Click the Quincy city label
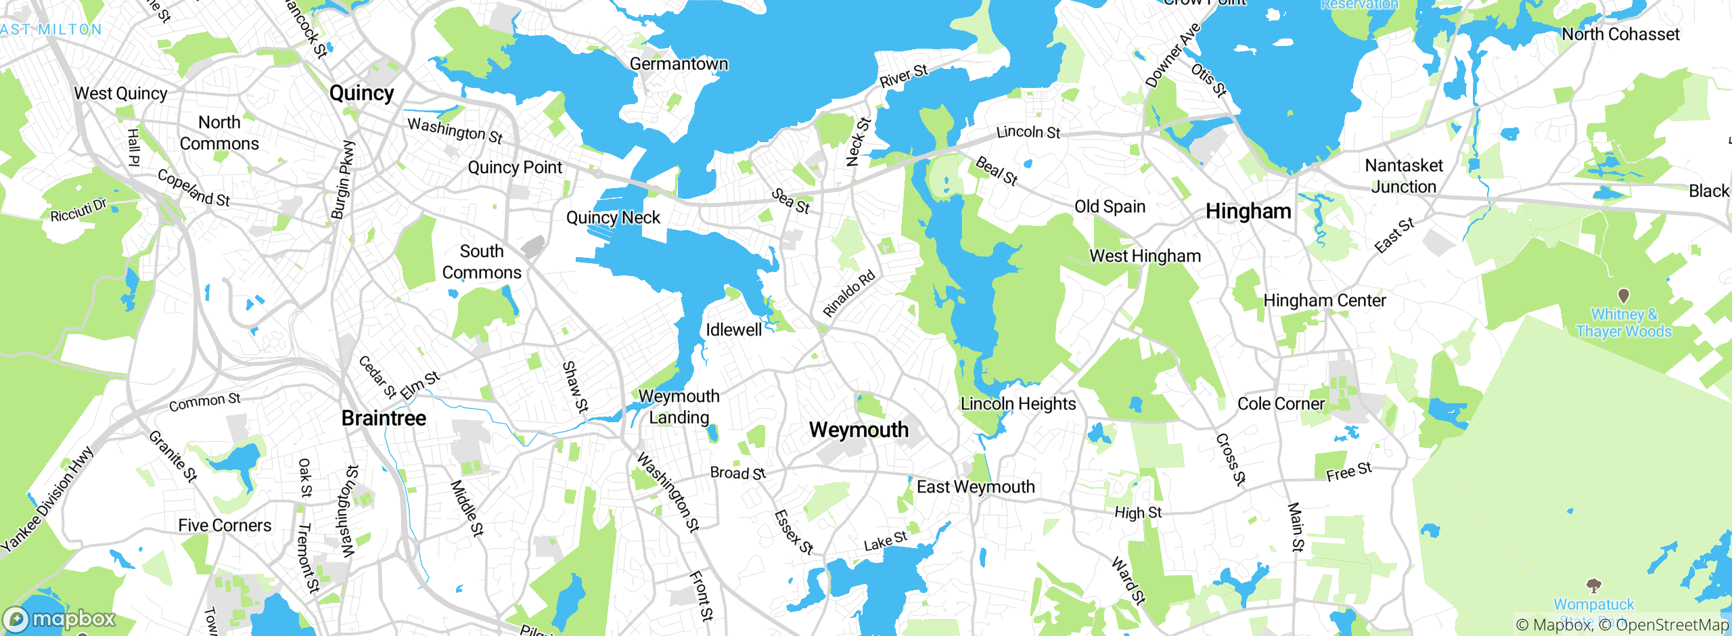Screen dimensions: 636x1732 coord(361,93)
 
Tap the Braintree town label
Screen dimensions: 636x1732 coord(384,418)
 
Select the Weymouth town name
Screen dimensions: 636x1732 coord(859,430)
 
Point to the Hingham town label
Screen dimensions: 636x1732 coord(1248,211)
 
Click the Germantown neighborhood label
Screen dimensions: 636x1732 coord(679,64)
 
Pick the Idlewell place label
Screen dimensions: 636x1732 coord(733,330)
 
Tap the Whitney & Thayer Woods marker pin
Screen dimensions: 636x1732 coord(1623,296)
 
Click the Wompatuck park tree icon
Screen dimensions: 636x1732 coord(1593,585)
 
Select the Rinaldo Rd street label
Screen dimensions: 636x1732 coord(849,294)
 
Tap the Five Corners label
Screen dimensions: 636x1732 coord(225,525)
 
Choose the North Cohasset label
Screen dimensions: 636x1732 coord(1620,34)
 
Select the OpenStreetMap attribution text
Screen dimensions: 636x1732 coord(1670,624)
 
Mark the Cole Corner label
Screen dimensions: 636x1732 coord(1281,404)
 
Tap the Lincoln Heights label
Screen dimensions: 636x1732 coord(1018,404)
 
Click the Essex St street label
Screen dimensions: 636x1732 coord(793,532)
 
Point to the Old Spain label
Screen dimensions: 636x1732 coord(1110,206)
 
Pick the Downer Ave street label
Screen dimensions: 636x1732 coord(1172,55)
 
